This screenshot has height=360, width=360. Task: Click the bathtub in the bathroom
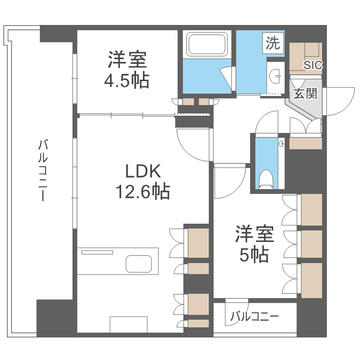coord(207,45)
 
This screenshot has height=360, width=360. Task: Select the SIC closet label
coord(313,65)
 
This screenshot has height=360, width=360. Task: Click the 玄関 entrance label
coord(305,93)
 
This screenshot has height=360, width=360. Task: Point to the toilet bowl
coord(265,179)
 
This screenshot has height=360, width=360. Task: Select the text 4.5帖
coord(127,80)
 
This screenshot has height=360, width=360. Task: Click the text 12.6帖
coord(142,192)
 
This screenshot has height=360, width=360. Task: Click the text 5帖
coord(254,255)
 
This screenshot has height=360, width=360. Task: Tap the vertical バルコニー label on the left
coord(43,170)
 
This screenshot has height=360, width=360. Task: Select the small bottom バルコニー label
coord(254,317)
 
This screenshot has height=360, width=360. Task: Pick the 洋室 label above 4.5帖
coord(127,60)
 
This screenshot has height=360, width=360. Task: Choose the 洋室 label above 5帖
coord(254,235)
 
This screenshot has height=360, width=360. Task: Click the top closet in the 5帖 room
coord(311,209)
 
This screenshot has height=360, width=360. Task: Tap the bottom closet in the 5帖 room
coord(311,279)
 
